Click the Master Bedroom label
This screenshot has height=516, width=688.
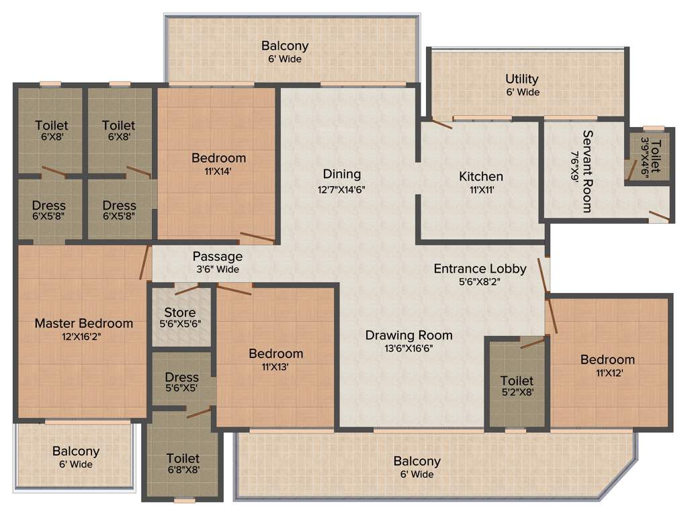83,323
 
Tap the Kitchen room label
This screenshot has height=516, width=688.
480,177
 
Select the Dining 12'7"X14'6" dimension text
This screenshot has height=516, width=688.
341,189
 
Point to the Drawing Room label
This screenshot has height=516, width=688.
408,335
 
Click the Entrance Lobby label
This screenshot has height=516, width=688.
480,269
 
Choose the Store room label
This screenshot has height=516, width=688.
180,312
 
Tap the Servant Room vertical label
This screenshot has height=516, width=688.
587,171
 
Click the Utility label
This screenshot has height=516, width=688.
522,79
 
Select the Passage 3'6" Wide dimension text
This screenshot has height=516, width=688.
217,269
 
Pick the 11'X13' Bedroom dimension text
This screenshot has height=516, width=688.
275,367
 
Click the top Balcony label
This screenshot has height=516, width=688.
285,46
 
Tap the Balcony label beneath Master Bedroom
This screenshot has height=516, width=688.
75,451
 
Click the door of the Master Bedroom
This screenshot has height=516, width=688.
145,263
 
